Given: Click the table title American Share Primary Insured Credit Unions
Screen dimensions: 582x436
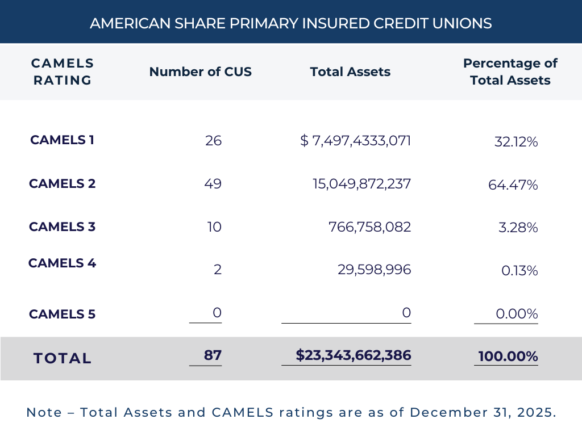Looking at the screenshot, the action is tap(291, 23).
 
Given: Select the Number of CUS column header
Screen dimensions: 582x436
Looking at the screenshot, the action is tap(201, 72).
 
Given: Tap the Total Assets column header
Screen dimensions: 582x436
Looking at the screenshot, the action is tap(350, 72).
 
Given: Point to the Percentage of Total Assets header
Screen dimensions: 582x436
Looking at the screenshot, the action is tap(510, 72).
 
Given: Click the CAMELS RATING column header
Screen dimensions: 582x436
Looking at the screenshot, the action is tap(63, 72).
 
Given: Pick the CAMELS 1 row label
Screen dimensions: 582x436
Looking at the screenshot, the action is tap(63, 140).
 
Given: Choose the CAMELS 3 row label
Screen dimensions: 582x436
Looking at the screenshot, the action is tap(63, 227).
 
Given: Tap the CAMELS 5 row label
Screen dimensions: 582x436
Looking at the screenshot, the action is tap(63, 314).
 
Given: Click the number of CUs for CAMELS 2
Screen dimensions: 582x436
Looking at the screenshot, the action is tap(213, 183).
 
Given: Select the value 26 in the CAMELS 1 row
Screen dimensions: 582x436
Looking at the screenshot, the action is tap(214, 141).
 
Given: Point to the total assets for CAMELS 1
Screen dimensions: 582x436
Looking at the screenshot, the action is tap(356, 141).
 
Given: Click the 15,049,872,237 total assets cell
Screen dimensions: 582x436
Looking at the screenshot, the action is tap(362, 183).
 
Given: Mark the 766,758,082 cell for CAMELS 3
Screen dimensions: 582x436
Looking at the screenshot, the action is tap(370, 227).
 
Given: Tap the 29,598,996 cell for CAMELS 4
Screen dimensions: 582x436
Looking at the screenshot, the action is tap(375, 270).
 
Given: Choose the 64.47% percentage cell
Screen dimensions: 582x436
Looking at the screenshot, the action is tap(513, 185).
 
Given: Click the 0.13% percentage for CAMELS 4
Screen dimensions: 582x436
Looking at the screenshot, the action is tap(519, 271).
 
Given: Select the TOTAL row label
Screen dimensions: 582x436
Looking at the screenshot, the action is tap(63, 358).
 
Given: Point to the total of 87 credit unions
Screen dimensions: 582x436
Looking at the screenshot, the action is tap(213, 355).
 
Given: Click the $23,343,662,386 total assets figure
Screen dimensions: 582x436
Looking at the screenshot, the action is tap(354, 355).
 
